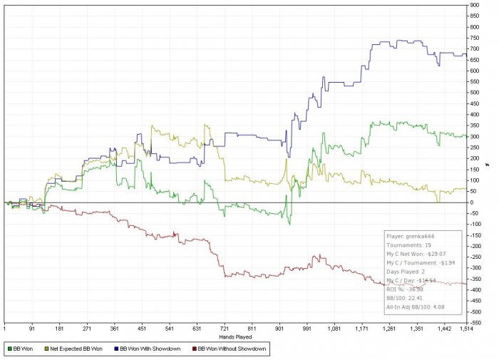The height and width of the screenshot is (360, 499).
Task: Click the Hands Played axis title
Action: [236, 334]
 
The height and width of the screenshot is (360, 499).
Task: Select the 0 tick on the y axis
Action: [472, 202]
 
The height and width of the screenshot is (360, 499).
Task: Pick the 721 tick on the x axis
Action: [225, 329]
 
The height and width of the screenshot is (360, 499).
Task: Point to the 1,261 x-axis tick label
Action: [390, 329]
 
